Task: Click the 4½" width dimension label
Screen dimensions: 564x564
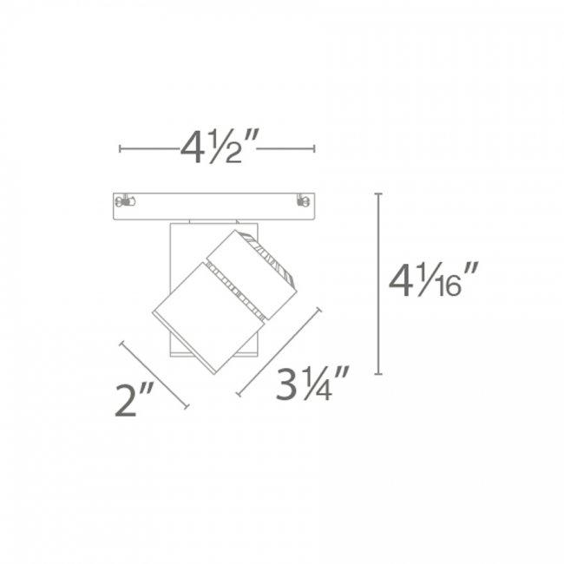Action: (x=217, y=150)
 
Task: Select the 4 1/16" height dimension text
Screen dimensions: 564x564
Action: (x=435, y=282)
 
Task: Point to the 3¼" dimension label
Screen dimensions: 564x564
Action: (x=313, y=385)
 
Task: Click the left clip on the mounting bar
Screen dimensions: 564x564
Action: (x=127, y=202)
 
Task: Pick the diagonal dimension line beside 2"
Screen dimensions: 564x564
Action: (x=154, y=374)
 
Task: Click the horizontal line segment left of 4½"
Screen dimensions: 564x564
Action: (x=148, y=149)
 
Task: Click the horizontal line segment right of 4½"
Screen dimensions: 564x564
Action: (x=286, y=149)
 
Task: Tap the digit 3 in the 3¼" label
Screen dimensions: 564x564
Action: (x=288, y=385)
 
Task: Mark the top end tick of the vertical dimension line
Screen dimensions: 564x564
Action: (x=379, y=193)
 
